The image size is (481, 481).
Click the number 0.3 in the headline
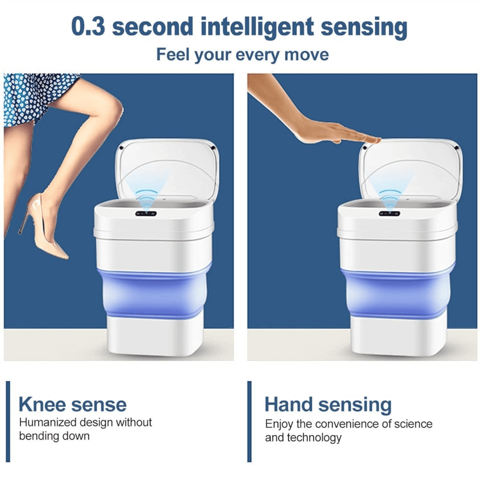(x=88, y=26)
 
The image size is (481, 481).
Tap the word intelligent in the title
(x=257, y=28)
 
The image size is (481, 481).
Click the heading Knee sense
(x=72, y=404)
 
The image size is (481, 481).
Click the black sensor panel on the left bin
(x=146, y=213)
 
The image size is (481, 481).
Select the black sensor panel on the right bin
(x=389, y=213)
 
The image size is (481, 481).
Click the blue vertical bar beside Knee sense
(x=8, y=421)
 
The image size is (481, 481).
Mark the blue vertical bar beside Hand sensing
(x=249, y=421)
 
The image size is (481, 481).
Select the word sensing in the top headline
(x=364, y=28)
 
